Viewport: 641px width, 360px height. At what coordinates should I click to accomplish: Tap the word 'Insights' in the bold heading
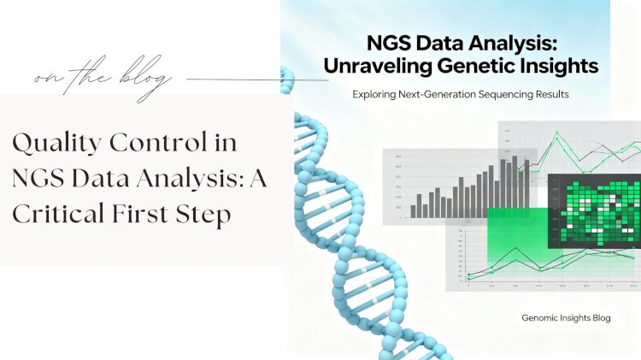pyautogui.click(x=559, y=63)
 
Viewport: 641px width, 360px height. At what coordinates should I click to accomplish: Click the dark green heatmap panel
pyautogui.click(x=594, y=210)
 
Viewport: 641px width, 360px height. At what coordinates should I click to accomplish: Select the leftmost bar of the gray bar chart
pyautogui.click(x=414, y=210)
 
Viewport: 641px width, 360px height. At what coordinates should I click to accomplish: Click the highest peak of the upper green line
pyautogui.click(x=557, y=134)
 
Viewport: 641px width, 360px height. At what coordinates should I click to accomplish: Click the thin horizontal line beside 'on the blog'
pyautogui.click(x=256, y=80)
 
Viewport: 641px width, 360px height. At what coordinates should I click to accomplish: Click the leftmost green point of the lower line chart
pyautogui.click(x=469, y=275)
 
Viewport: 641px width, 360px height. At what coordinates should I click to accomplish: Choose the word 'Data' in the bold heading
pyautogui.click(x=456, y=41)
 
